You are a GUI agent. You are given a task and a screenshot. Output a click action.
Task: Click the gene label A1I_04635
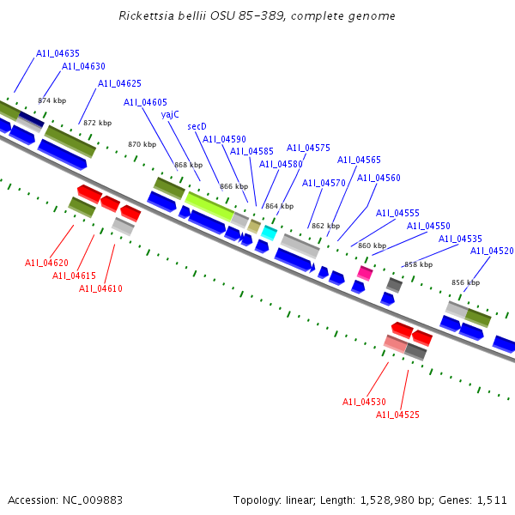58,53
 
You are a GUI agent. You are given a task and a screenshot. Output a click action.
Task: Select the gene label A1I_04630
83,67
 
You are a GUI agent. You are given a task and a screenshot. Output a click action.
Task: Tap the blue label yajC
170,114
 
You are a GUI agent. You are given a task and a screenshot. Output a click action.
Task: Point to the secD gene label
197,126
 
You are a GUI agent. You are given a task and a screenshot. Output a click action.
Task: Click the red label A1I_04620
46,263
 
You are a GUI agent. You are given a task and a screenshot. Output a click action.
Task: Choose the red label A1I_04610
100,288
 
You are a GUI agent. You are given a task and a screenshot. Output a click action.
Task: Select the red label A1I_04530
364,402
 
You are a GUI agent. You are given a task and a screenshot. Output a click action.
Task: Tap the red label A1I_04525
397,415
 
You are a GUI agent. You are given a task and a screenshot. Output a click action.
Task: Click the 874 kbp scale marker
51,100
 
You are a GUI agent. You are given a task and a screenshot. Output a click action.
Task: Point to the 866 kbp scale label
233,186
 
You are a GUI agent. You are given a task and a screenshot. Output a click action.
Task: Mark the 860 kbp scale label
372,245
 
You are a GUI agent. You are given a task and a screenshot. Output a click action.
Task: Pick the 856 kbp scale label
465,282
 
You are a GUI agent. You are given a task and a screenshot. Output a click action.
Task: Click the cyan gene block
270,233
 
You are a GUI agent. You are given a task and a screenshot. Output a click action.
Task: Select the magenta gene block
365,273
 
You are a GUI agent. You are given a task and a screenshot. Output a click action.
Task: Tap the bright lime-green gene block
209,205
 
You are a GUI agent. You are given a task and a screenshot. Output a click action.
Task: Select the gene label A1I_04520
492,251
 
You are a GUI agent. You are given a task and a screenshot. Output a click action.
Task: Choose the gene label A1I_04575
308,148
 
